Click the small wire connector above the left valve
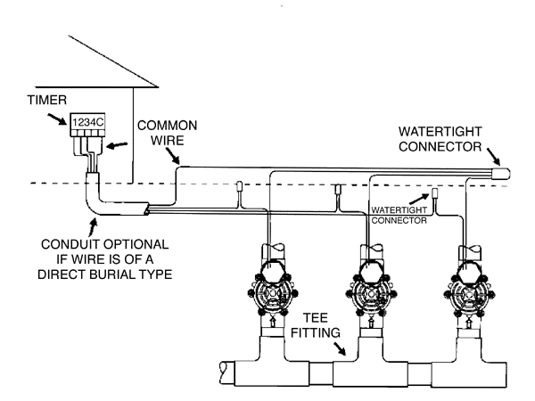point(242,187)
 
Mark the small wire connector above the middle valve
point(336,189)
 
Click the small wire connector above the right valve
point(437,192)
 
